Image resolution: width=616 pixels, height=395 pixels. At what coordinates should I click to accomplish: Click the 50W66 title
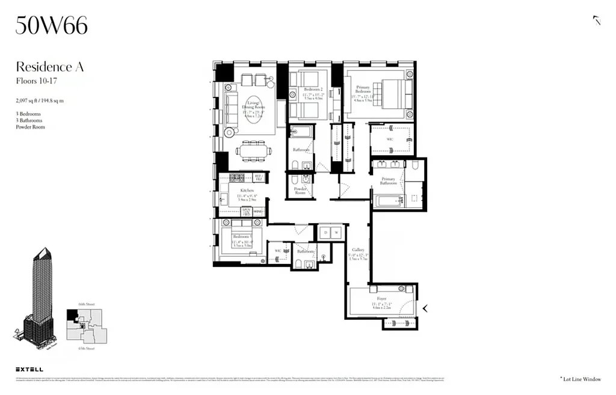coord(52,25)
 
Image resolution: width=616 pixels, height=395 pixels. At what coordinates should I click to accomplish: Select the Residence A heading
coord(49,66)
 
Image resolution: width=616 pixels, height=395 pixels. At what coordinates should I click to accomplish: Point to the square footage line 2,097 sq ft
coord(40,101)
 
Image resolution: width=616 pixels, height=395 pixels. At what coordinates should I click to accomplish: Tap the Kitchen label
coord(246,191)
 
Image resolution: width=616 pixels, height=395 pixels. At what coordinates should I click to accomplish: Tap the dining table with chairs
coord(253,150)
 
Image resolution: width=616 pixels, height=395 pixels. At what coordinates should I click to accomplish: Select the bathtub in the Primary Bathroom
coord(388,200)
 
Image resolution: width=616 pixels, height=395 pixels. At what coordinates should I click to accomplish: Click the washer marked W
coord(337,231)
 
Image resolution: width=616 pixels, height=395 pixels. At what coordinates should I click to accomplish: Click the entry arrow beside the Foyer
coord(425,308)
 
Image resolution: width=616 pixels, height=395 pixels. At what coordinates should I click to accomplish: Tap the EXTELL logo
coord(29,369)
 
